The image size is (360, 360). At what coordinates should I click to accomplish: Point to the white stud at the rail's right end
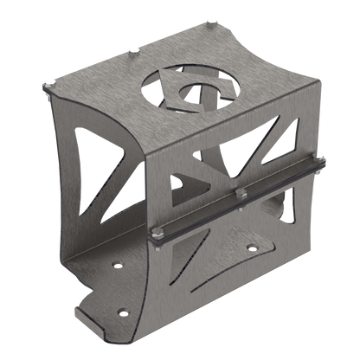click(x=319, y=156)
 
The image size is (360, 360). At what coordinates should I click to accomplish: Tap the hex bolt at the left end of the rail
click(x=157, y=231)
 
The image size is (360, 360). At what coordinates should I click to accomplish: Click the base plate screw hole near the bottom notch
click(x=122, y=310)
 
